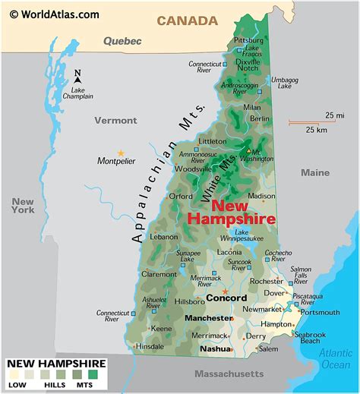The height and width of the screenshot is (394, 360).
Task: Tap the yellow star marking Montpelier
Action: (x=119, y=153)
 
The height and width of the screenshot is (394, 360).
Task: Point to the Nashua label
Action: (x=214, y=349)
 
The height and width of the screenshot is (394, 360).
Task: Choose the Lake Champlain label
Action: (x=78, y=92)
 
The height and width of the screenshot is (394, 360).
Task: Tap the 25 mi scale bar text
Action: (x=330, y=115)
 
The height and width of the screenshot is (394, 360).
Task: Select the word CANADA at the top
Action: (x=187, y=20)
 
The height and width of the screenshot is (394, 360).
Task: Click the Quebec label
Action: (x=122, y=40)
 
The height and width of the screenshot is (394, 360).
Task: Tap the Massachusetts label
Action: (x=229, y=374)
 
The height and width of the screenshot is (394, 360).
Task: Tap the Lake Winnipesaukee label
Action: (x=251, y=236)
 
